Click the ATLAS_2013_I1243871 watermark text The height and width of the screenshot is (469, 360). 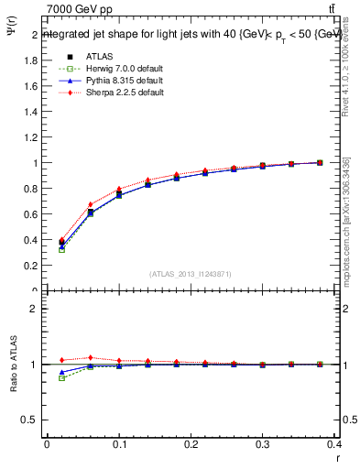click(x=191, y=274)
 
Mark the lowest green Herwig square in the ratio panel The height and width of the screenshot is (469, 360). click(x=61, y=377)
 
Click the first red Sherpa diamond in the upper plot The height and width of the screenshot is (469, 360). click(x=61, y=240)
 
